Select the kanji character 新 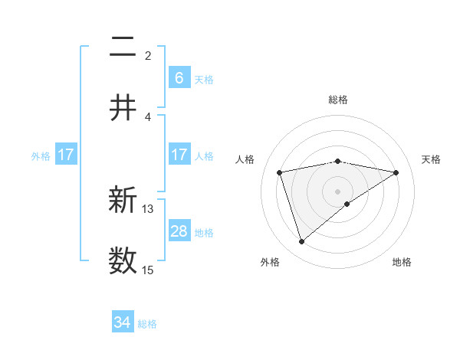pyautogui.click(x=123, y=201)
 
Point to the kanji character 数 pyautogui.click(x=123, y=260)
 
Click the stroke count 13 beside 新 pyautogui.click(x=148, y=208)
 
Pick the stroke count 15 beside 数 pyautogui.click(x=148, y=270)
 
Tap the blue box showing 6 pyautogui.click(x=179, y=77)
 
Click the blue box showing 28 pyautogui.click(x=179, y=231)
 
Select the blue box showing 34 pyautogui.click(x=123, y=323)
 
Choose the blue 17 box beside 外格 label pyautogui.click(x=66, y=155)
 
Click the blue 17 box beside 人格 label pyautogui.click(x=179, y=155)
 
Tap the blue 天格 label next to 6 pyautogui.click(x=204, y=79)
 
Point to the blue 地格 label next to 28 pyautogui.click(x=204, y=233)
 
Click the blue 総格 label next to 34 pyautogui.click(x=147, y=324)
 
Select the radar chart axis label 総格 pyautogui.click(x=338, y=100)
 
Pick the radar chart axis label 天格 pyautogui.click(x=432, y=159)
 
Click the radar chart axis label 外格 pyautogui.click(x=269, y=262)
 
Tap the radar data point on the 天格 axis pyautogui.click(x=396, y=172)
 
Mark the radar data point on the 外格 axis pyautogui.click(x=301, y=242)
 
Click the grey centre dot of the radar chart pyautogui.click(x=338, y=191)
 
